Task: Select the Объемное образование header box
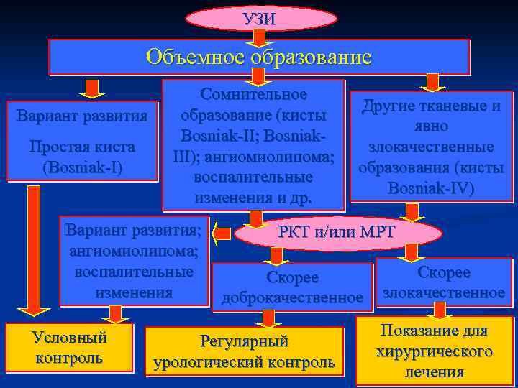[259, 57]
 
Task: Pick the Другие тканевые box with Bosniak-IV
[432, 147]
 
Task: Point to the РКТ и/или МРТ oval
[337, 234]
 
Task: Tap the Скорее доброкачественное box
[293, 286]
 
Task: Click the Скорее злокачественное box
[444, 282]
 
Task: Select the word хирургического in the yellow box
[434, 352]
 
